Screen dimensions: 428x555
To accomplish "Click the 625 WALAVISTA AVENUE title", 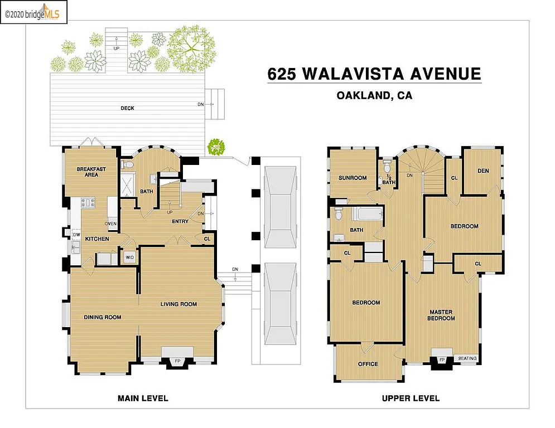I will (374, 74).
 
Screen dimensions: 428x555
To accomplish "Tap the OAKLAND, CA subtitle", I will (374, 96).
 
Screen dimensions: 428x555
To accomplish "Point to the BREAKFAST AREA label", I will (91, 171).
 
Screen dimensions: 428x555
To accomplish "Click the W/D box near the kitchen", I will (129, 257).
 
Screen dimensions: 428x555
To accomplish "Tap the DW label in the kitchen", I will (75, 235).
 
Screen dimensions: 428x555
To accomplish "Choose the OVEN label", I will (110, 224).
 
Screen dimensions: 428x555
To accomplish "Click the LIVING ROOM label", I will (178, 304).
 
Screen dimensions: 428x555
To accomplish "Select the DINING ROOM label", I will (102, 317).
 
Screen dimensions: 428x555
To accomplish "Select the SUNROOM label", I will (353, 178).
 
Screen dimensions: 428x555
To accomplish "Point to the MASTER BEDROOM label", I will (441, 315).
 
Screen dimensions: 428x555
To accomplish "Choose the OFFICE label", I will (368, 364).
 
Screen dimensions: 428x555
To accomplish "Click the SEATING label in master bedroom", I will (467, 358).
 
